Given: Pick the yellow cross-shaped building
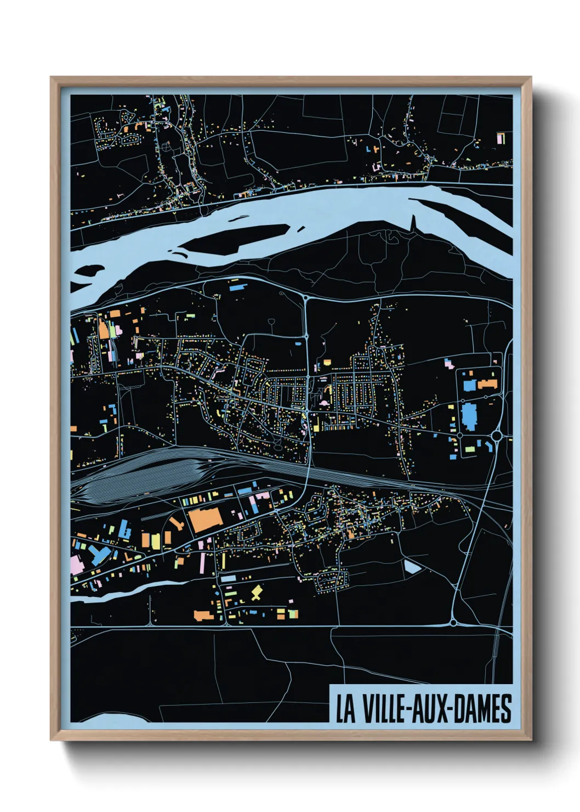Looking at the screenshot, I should click(x=256, y=593).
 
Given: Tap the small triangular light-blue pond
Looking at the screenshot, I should click(x=412, y=566).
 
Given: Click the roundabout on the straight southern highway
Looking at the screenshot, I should click(x=453, y=622).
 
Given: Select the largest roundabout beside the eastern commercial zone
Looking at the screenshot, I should click(x=497, y=436).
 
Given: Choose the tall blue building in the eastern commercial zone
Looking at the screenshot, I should click(x=470, y=417).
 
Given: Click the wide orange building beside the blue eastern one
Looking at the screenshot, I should click(x=487, y=384).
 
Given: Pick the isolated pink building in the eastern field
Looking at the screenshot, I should click(x=448, y=363).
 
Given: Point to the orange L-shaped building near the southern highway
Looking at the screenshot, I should click(x=203, y=615).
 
